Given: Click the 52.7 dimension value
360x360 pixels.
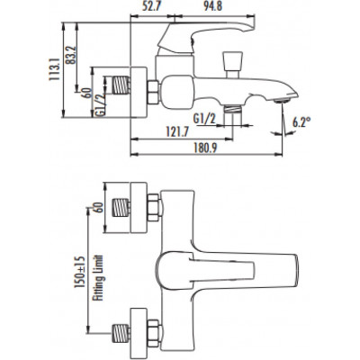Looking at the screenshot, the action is coord(152,6).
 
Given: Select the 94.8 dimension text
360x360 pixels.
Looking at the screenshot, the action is coord(213,6).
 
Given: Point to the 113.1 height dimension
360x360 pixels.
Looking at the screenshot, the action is coord(54,69).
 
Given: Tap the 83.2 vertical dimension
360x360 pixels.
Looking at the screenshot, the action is coord(70,55).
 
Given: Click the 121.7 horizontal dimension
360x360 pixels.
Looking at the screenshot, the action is coord(177,131).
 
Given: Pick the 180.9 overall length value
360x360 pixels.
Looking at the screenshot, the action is coord(205,148).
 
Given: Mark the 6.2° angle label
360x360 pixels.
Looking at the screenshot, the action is coord(301,122).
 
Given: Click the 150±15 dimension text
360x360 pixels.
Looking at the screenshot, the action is coord(80,272).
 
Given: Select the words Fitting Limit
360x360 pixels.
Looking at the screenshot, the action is coord(98,278).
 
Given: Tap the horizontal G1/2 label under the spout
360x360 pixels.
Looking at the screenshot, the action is coord(204,119).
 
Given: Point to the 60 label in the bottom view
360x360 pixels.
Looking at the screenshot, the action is coord(99,207).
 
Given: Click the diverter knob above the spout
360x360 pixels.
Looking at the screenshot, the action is coord(232,65).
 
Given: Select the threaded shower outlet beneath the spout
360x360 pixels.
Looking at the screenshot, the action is coord(233,109).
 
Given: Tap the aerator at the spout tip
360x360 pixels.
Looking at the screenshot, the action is coord(282,101).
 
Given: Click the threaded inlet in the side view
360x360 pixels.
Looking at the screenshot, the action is coord(121,85).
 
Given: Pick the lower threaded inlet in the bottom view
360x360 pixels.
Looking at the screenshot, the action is coord(121,333).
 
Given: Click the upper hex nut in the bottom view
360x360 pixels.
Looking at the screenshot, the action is coord(155,208).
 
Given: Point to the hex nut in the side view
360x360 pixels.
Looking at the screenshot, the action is coord(154,93).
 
